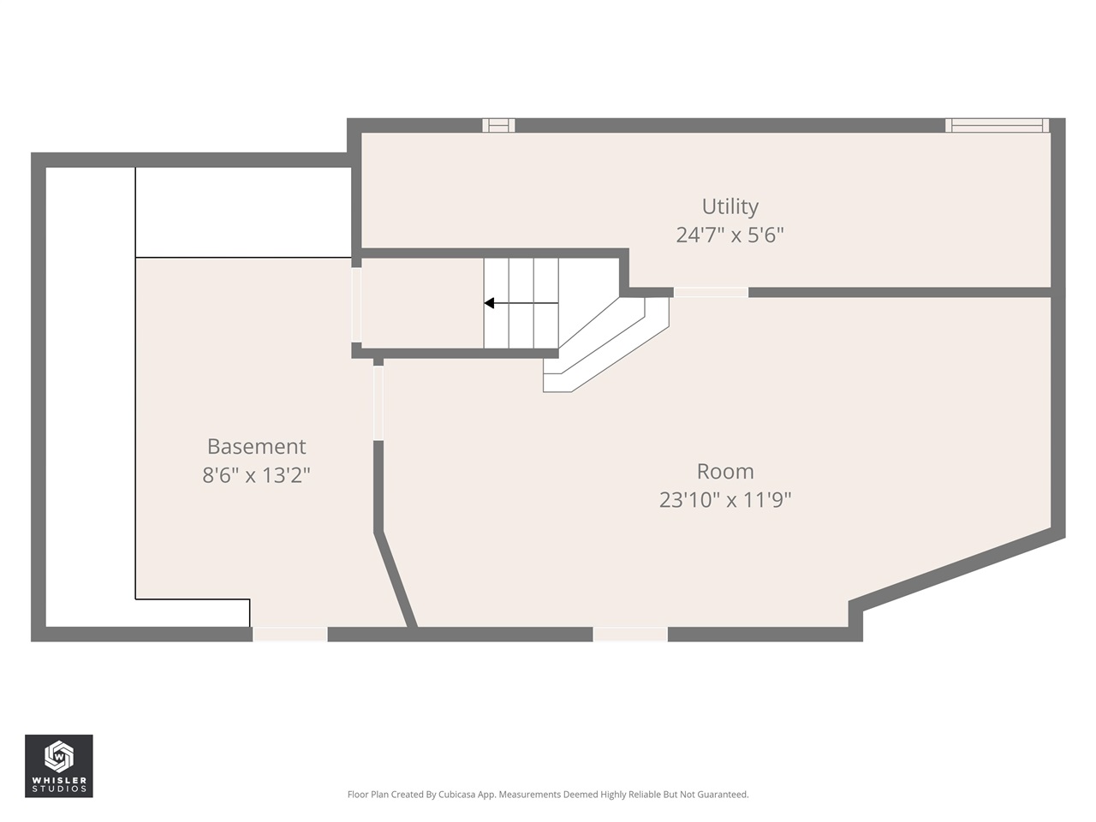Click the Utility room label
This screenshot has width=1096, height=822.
click(730, 206)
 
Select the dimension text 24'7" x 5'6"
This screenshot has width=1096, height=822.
click(730, 235)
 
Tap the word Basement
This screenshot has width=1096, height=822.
click(256, 446)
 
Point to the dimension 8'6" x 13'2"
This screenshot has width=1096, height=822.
click(256, 474)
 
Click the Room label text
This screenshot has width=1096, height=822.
click(724, 471)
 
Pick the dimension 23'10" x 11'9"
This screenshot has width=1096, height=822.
click(724, 499)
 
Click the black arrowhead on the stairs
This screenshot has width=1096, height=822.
click(489, 303)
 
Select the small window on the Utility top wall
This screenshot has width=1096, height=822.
click(498, 125)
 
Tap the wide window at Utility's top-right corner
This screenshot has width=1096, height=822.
click(997, 125)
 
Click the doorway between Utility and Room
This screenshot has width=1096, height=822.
click(711, 292)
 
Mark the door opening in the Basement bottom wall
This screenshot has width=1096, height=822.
click(290, 634)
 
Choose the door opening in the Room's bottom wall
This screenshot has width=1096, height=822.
click(630, 634)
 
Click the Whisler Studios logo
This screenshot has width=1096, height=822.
click(58, 765)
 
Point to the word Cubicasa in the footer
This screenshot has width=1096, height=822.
click(457, 795)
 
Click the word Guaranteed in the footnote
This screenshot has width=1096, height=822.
click(722, 795)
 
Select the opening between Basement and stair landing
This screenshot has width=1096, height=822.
click(356, 305)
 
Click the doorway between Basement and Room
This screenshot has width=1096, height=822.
click(378, 403)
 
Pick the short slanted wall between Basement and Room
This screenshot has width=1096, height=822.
click(396, 581)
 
